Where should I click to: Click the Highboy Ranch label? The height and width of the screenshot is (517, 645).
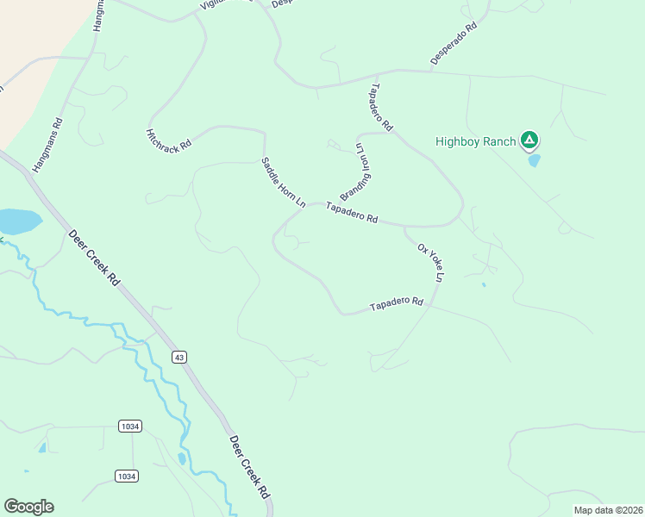pyautogui.click(x=475, y=141)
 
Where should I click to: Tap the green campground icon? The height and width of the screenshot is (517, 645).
pyautogui.click(x=529, y=140)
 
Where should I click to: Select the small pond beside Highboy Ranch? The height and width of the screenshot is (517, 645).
pyautogui.click(x=534, y=160)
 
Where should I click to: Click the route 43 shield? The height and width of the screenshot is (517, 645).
pyautogui.click(x=179, y=357)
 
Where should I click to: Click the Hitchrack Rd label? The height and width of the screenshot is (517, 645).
pyautogui.click(x=167, y=142)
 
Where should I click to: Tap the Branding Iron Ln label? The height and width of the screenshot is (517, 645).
pyautogui.click(x=361, y=171)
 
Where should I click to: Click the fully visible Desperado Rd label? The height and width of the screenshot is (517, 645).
pyautogui.click(x=454, y=45)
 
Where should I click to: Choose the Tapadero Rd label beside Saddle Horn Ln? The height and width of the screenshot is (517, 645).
pyautogui.click(x=352, y=213)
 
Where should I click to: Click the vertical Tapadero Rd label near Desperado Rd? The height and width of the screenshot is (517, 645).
pyautogui.click(x=381, y=108)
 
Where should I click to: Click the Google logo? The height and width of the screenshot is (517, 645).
pyautogui.click(x=28, y=507)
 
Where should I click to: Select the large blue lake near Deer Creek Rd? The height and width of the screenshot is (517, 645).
pyautogui.click(x=17, y=221)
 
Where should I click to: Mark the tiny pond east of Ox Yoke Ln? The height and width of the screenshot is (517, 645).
pyautogui.click(x=483, y=284)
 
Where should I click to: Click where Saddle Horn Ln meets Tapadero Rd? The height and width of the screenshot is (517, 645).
pyautogui.click(x=308, y=208)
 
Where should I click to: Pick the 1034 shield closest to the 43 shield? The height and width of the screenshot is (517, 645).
pyautogui.click(x=129, y=427)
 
